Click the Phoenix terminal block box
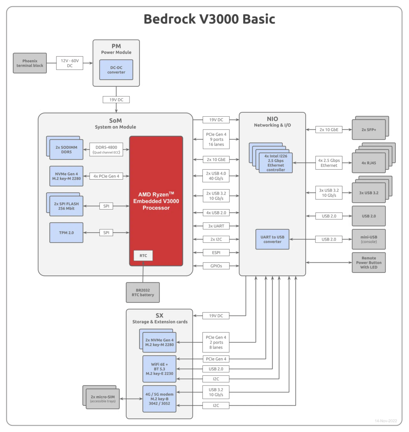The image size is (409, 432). (30, 63)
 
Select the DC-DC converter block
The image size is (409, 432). (116, 70)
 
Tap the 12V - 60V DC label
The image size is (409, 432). (69, 63)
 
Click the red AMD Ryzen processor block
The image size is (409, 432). (156, 201)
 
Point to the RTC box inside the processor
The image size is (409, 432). (143, 256)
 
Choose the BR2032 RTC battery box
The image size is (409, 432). (143, 292)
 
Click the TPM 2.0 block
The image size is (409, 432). (66, 233)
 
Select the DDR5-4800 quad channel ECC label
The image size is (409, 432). (106, 149)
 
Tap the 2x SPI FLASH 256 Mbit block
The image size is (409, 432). (66, 206)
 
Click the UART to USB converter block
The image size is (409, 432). (272, 239)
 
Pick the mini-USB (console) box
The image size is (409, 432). (369, 239)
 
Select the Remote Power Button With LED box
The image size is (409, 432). (369, 262)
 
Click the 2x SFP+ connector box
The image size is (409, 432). (369, 130)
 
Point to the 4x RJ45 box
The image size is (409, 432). (369, 163)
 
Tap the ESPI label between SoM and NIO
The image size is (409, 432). (216, 253)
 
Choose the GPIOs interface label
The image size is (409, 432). (216, 266)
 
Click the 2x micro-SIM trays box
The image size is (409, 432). (103, 399)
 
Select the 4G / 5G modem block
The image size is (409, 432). (159, 399)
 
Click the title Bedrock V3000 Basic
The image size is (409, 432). (209, 19)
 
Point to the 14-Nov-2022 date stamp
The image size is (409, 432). (386, 420)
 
